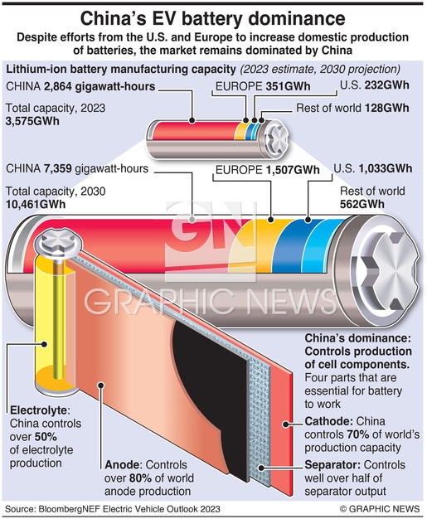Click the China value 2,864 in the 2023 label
[x=58, y=87]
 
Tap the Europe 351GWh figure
[x=288, y=86]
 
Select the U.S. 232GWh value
[x=387, y=85]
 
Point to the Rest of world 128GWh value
[x=387, y=108]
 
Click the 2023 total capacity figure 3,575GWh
[x=32, y=121]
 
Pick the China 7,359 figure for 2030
[x=58, y=168]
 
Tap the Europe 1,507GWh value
[x=293, y=170]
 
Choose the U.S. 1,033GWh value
[x=386, y=168]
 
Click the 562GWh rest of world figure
[x=362, y=204]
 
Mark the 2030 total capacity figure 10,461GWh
[x=36, y=204]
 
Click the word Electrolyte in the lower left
[x=39, y=410]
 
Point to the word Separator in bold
[x=332, y=465]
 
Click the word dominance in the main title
[x=297, y=19]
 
